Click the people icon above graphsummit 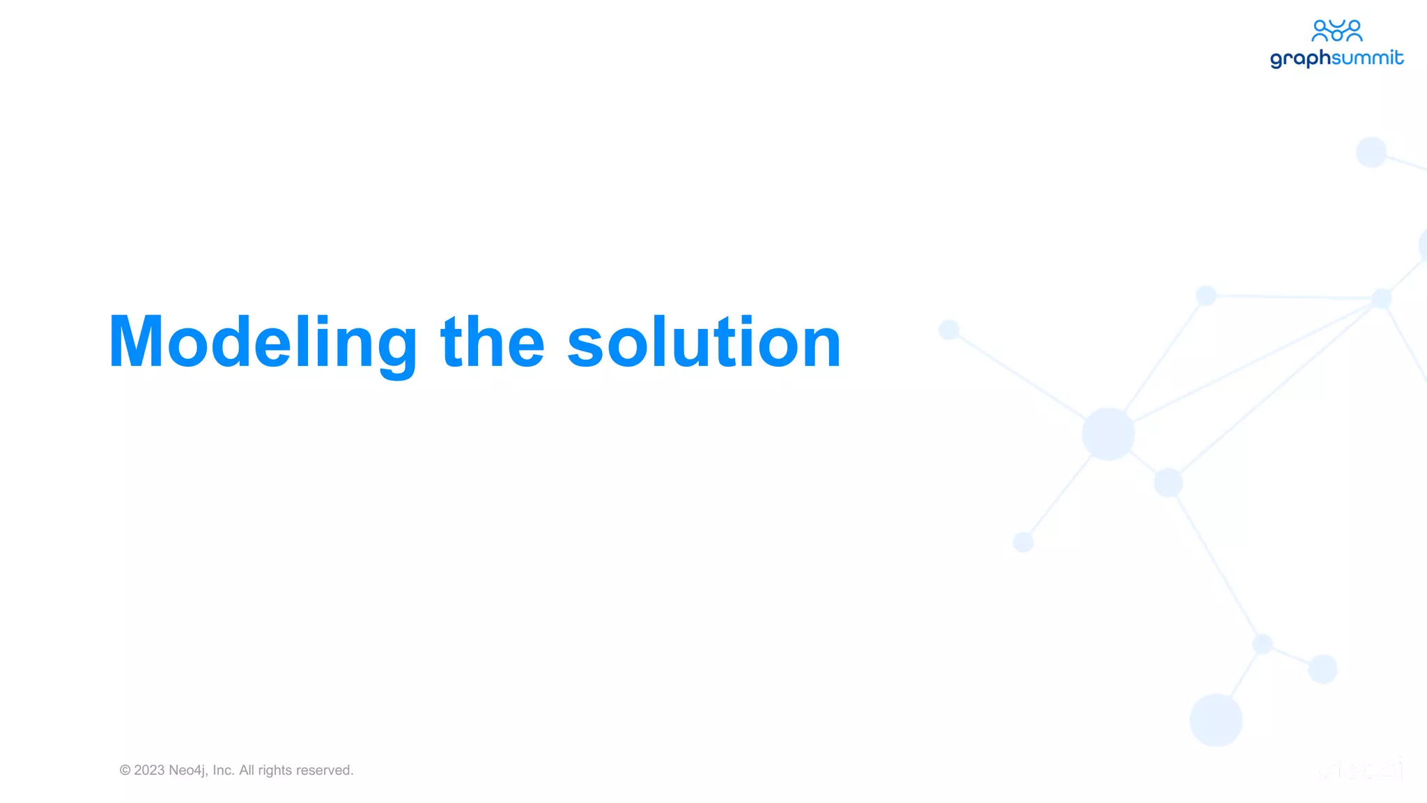[1336, 31]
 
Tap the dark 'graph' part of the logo [1300, 59]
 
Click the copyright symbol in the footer [125, 770]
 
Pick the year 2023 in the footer [149, 770]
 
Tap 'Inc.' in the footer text [224, 770]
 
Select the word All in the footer [247, 770]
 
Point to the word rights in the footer [275, 770]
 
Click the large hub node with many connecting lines [1108, 434]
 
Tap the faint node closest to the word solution [949, 329]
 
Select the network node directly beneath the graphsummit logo [1371, 152]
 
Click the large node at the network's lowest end [1216, 719]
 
